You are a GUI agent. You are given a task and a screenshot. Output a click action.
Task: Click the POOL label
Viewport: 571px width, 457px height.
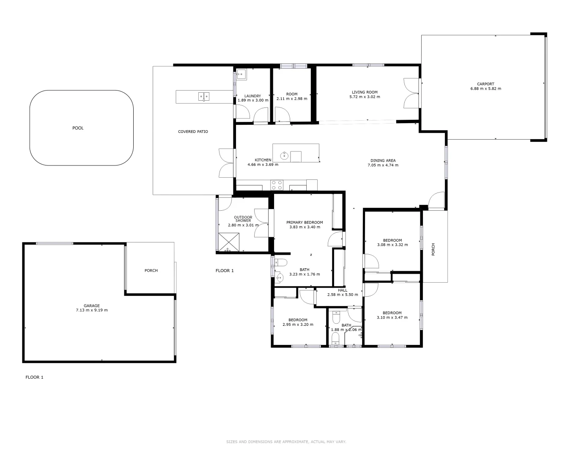tap(78, 128)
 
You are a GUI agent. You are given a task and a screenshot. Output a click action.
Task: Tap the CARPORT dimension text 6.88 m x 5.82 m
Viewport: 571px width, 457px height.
tap(486, 89)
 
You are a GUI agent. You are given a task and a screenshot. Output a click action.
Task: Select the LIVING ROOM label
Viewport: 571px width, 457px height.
tap(365, 92)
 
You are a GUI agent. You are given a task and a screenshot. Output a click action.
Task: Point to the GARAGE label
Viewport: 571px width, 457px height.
tap(91, 306)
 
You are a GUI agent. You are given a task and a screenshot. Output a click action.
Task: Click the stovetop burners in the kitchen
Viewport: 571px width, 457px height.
tap(277, 185)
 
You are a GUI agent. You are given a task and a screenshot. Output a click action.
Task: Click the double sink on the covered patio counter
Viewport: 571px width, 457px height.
tap(203, 96)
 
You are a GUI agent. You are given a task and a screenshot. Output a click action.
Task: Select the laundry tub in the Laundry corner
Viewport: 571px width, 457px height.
tap(241, 74)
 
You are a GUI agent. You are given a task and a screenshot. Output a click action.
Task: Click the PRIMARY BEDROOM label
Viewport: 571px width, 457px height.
tap(305, 223)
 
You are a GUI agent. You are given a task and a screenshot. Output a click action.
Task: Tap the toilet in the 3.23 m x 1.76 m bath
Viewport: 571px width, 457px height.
tap(281, 262)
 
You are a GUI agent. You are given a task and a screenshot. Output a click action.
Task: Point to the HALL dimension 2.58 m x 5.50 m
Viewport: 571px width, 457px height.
tap(343, 295)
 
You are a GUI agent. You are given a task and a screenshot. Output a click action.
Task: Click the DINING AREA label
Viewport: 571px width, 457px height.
tap(383, 160)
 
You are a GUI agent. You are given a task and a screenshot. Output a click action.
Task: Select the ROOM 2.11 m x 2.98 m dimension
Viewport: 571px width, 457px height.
tap(292, 99)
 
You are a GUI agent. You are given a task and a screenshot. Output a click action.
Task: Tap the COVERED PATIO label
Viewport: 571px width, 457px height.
tap(193, 132)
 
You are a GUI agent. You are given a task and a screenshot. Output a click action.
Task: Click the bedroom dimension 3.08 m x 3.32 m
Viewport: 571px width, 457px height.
tap(392, 245)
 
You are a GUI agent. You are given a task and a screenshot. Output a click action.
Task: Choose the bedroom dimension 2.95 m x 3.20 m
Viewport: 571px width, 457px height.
tap(298, 325)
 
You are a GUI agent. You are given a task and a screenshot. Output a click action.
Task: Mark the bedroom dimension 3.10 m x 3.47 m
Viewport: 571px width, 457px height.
tap(392, 317)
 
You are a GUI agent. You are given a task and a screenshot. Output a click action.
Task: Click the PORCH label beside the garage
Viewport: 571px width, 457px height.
tap(151, 270)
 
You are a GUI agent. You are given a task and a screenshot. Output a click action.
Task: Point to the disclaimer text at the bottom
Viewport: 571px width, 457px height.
tap(286, 441)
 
